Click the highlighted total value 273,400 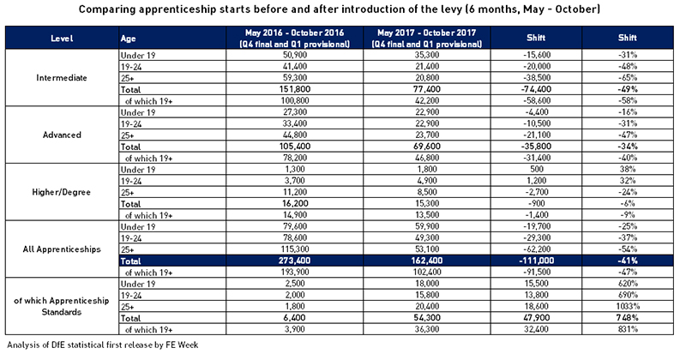click(294, 261)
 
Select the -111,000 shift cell click(537, 261)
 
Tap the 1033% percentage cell click(628, 307)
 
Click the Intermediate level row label click(62, 78)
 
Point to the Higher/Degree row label click(61, 192)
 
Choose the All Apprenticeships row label click(62, 249)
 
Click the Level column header click(62, 39)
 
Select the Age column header click(128, 39)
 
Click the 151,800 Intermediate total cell click(294, 90)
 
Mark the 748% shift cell click(628, 318)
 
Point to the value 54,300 click(427, 318)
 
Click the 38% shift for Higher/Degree click(628, 169)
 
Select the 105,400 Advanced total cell click(294, 147)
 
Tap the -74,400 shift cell click(537, 90)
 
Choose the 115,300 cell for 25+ click(294, 249)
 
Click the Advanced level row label click(62, 135)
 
